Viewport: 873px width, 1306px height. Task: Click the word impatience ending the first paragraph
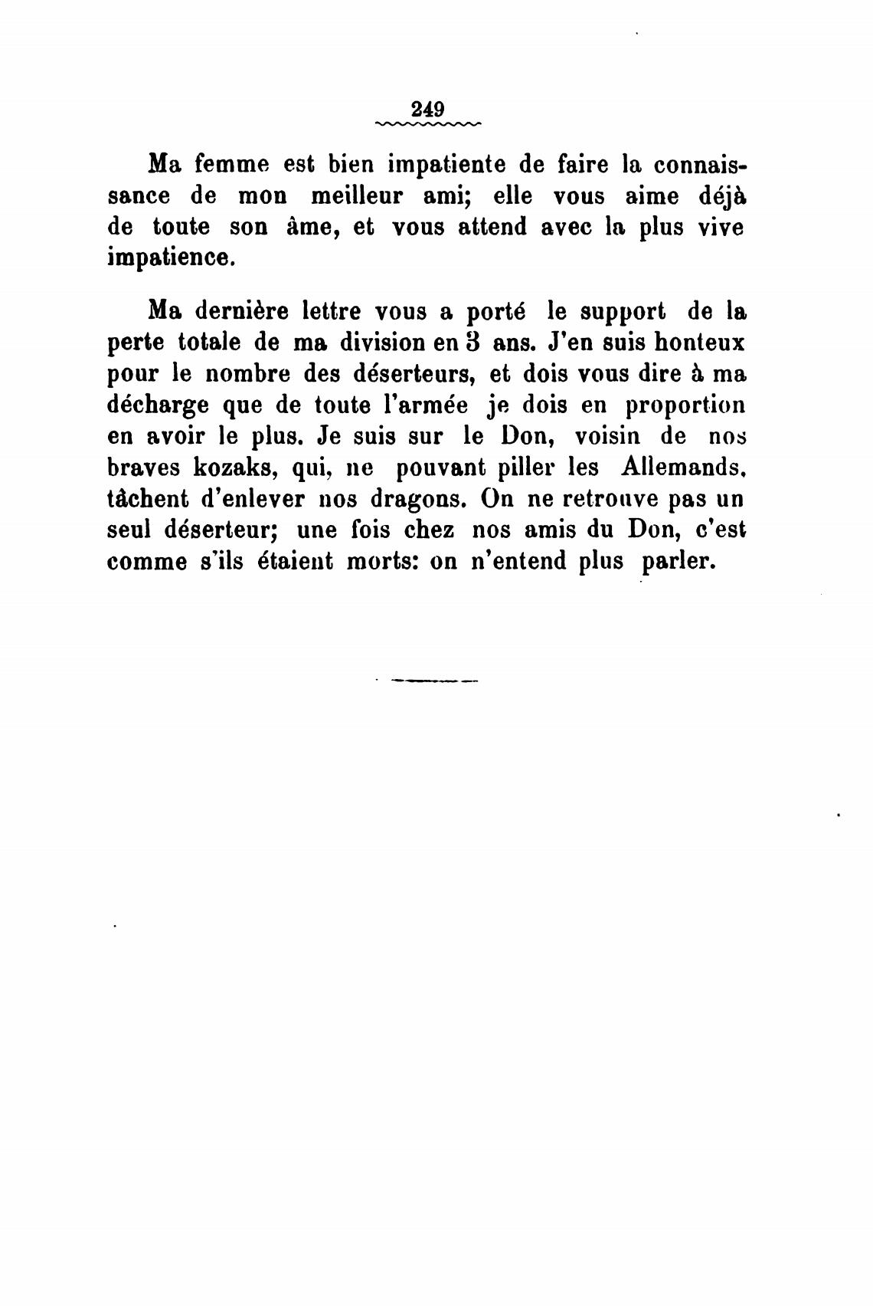tap(169, 258)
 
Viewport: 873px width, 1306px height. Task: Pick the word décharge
tap(162, 406)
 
